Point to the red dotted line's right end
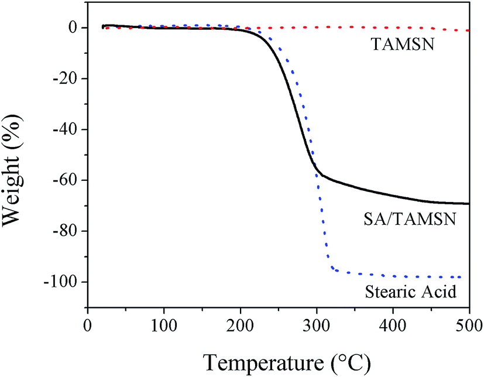point(468,30)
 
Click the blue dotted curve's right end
point(461,277)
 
